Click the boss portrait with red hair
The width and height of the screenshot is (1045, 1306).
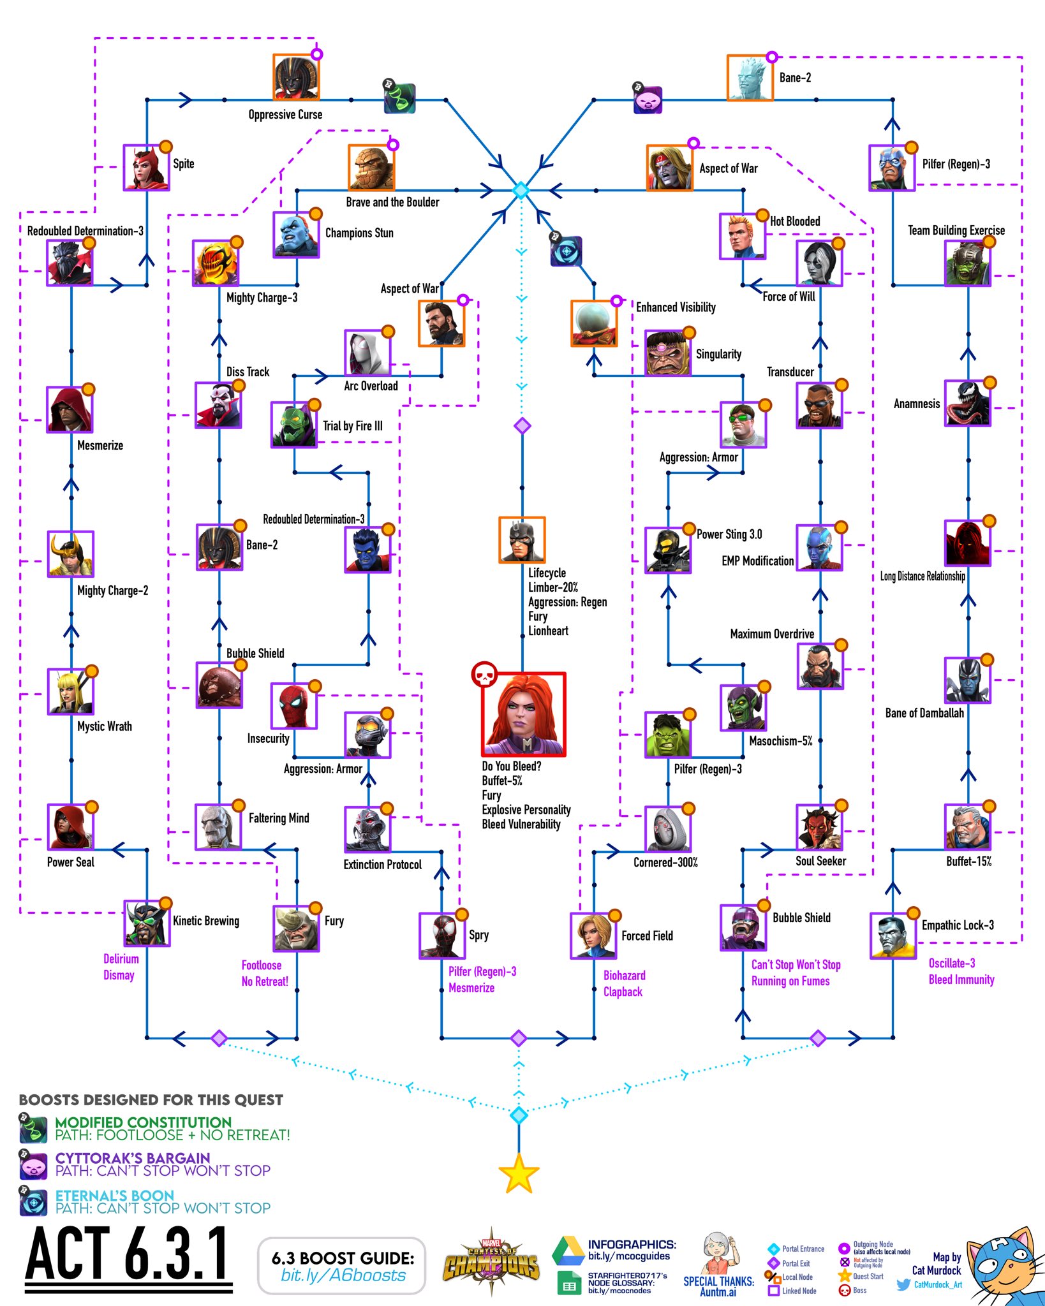point(523,714)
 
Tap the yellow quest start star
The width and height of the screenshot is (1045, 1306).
point(519,1173)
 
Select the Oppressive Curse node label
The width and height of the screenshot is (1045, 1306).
point(285,115)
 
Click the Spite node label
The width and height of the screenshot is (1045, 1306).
point(184,164)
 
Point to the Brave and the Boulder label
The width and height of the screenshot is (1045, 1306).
point(392,202)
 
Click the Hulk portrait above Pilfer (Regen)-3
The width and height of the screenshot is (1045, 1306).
point(667,735)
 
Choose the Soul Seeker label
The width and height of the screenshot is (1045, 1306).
point(820,861)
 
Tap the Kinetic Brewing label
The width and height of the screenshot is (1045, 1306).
point(206,921)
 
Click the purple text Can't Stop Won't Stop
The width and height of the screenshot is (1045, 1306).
point(796,964)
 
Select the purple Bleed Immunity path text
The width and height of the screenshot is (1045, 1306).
point(961,979)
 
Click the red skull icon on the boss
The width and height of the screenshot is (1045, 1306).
point(484,674)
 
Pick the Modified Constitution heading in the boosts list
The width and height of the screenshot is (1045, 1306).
point(143,1122)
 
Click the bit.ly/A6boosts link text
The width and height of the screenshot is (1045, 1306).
point(343,1275)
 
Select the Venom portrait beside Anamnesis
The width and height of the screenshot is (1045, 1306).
point(967,403)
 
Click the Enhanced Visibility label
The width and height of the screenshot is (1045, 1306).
point(676,307)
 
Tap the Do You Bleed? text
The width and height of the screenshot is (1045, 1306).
point(512,766)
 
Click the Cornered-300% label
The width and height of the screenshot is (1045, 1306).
point(665,862)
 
